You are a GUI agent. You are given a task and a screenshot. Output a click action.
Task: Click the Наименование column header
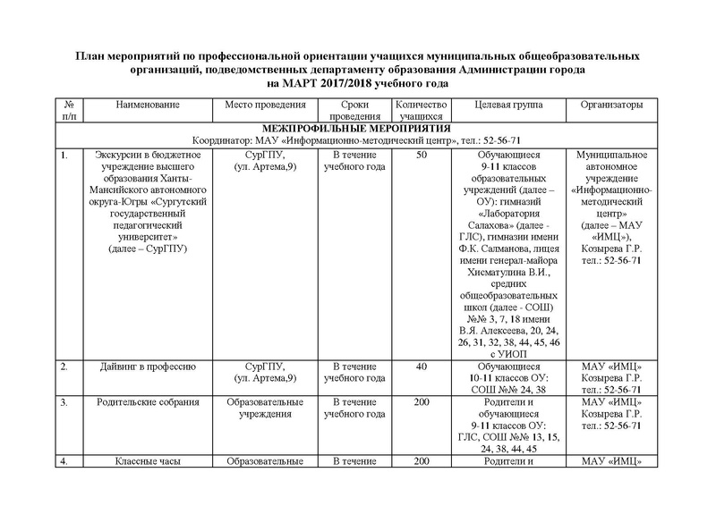pos(149,105)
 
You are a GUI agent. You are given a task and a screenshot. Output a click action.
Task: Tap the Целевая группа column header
pos(507,105)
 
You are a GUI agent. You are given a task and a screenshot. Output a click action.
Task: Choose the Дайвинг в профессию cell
pos(148,367)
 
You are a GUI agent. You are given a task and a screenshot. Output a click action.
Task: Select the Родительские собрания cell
pos(148,402)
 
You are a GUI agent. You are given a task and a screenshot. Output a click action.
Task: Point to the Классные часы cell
pos(148,461)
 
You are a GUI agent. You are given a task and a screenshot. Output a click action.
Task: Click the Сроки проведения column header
pos(345,111)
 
